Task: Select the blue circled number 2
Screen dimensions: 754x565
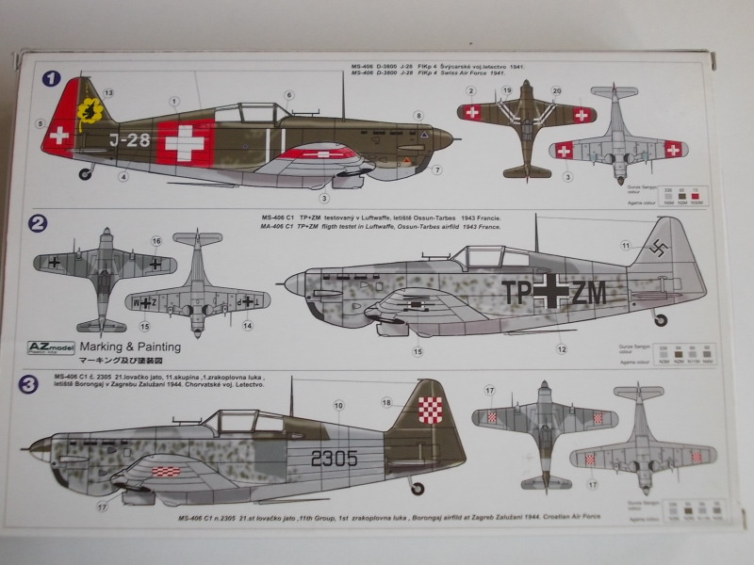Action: point(38,224)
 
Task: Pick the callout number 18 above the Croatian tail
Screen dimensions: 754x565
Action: point(385,403)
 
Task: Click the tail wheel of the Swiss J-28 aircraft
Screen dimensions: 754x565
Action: point(88,172)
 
